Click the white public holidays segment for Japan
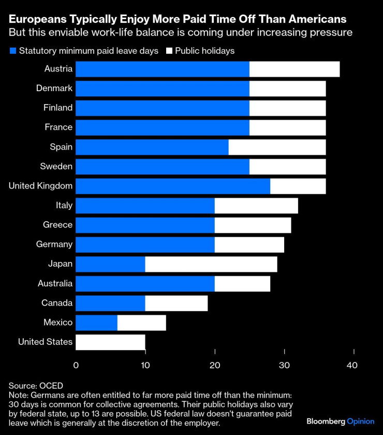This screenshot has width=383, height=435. tap(211, 264)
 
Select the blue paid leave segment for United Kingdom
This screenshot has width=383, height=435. tap(173, 186)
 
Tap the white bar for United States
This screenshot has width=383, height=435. tap(110, 342)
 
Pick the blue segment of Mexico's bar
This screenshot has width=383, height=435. tap(96, 323)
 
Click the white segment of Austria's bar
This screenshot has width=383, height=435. tap(294, 69)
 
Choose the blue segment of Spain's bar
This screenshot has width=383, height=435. tap(152, 147)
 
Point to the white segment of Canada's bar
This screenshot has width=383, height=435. tap(176, 303)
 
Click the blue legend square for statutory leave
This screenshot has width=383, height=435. tap(12, 51)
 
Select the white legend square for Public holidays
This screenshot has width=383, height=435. tap(169, 51)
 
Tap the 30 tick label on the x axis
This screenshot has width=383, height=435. tap(284, 365)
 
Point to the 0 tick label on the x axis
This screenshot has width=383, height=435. tap(76, 365)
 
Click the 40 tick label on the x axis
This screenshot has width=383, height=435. tap(352, 365)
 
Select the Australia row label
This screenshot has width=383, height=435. tap(55, 283)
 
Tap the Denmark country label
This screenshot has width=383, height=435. tap(54, 88)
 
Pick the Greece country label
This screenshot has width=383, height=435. tap(57, 225)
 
